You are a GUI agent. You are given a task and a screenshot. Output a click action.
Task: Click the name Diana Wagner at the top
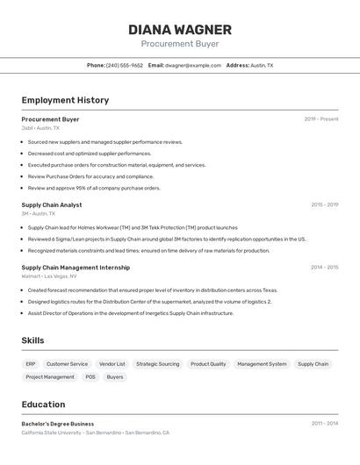[180, 30]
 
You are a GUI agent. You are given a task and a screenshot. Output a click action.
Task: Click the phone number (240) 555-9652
[124, 65]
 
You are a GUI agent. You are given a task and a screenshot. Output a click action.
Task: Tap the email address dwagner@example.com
[192, 65]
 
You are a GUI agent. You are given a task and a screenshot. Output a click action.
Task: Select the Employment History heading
[65, 100]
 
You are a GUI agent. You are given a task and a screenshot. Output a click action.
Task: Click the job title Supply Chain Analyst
[52, 205]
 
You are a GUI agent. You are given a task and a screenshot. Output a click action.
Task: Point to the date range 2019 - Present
[320, 119]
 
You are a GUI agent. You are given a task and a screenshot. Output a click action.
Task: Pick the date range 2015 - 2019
[324, 205]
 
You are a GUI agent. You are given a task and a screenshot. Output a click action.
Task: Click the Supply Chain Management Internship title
[76, 268]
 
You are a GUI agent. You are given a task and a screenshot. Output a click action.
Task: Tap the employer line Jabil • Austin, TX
[40, 128]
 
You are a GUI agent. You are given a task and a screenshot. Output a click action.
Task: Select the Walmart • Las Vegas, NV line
[49, 276]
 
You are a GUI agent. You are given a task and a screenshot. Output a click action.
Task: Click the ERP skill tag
[31, 364]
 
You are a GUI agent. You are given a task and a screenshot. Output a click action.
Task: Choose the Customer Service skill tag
[67, 364]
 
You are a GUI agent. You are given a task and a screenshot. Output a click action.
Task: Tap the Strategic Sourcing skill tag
[157, 364]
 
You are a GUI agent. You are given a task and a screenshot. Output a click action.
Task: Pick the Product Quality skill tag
[208, 364]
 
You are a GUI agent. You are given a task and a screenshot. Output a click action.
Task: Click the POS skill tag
[90, 377]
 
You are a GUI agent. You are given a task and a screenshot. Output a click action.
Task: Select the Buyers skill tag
[115, 377]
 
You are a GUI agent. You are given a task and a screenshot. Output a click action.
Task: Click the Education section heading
[43, 404]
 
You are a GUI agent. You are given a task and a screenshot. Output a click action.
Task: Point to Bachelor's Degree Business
[57, 424]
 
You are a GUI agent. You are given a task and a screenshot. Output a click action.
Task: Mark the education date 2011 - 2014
[324, 424]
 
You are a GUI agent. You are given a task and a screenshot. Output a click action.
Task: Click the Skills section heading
[32, 340]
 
